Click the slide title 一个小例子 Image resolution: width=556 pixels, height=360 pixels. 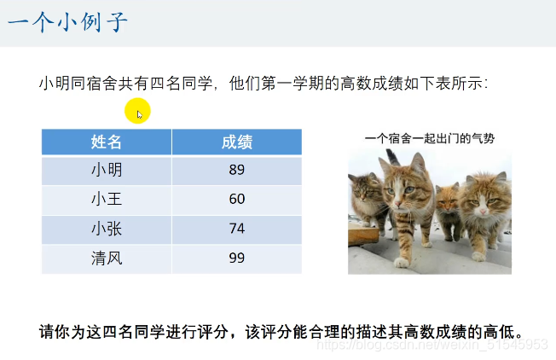(x=67, y=22)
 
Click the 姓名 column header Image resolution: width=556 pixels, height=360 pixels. (x=107, y=142)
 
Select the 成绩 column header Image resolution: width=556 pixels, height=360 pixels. (x=236, y=142)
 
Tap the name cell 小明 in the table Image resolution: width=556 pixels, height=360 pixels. (x=107, y=170)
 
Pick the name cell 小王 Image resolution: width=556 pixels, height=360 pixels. (x=107, y=199)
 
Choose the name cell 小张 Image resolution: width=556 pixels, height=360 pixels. (x=107, y=229)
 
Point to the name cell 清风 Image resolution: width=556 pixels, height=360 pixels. (x=107, y=258)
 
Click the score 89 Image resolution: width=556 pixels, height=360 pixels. (x=236, y=170)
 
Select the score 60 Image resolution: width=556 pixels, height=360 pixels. (x=236, y=199)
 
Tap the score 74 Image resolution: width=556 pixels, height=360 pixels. (x=236, y=229)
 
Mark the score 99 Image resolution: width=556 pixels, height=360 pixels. (x=236, y=258)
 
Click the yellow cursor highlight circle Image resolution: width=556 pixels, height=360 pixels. (x=137, y=111)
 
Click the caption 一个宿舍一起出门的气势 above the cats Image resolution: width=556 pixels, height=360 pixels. (x=429, y=137)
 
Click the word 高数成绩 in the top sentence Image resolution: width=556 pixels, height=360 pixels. (x=368, y=84)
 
